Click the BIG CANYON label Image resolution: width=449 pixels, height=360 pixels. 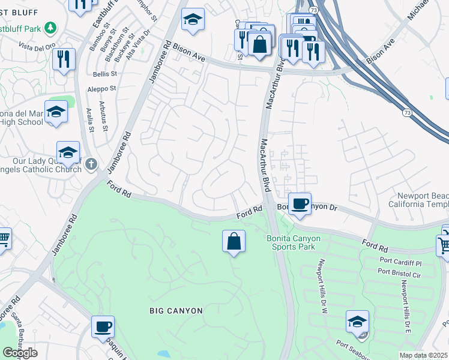(176, 310)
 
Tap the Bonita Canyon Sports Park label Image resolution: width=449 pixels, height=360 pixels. (294, 242)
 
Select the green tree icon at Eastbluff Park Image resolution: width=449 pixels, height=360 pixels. (51, 28)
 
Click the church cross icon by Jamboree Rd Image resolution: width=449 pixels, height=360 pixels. (91, 164)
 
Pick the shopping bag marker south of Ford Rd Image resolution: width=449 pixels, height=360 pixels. (234, 242)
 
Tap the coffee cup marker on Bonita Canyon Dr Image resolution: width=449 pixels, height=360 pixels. (300, 203)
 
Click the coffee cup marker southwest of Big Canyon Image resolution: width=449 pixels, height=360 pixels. (103, 326)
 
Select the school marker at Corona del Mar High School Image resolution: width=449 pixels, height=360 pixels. (56, 112)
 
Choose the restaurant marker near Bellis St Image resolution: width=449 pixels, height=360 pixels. (63, 59)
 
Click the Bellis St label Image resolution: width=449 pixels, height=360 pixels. (104, 74)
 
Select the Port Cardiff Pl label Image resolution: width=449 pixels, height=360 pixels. (402, 262)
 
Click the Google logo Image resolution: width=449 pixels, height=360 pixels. (20, 352)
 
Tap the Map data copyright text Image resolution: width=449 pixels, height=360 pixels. (424, 355)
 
